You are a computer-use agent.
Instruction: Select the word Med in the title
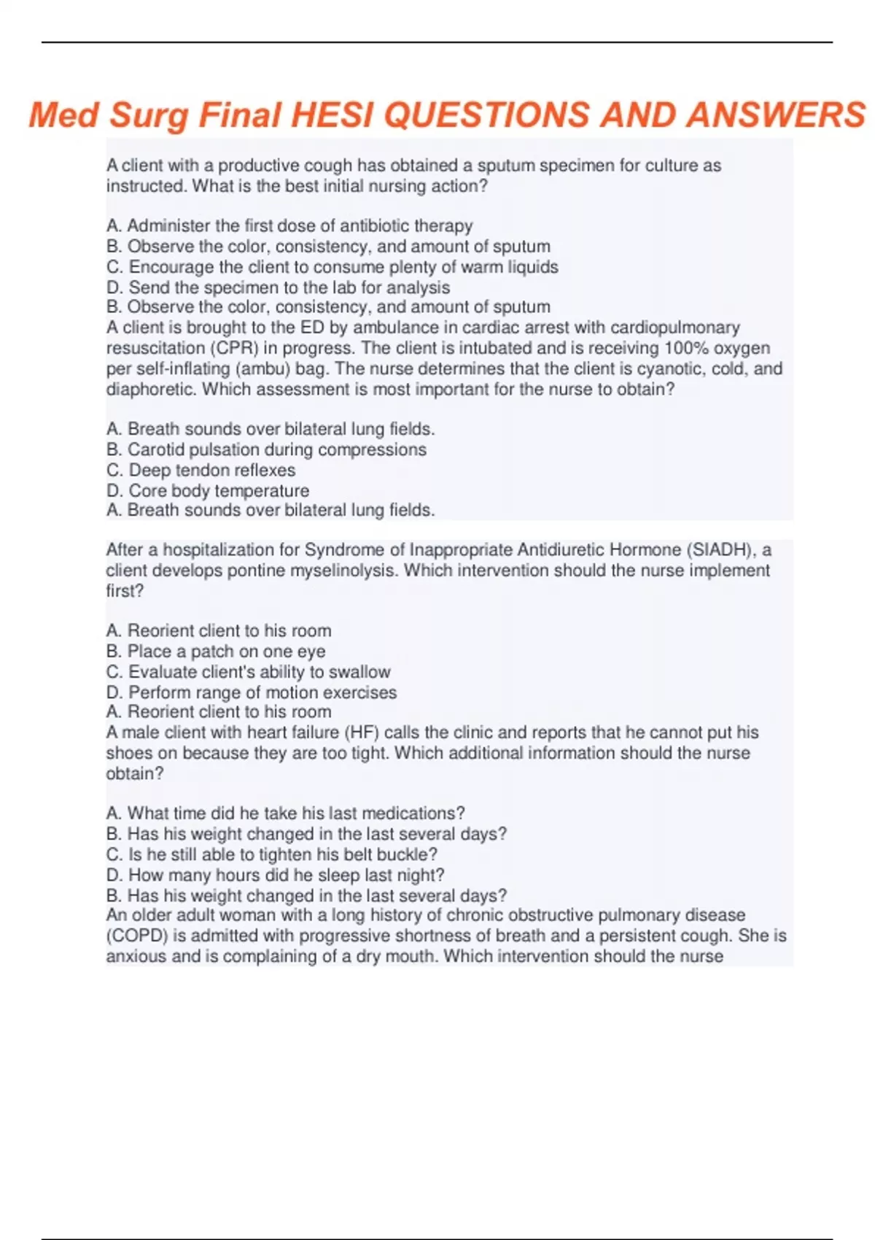pos(63,115)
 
